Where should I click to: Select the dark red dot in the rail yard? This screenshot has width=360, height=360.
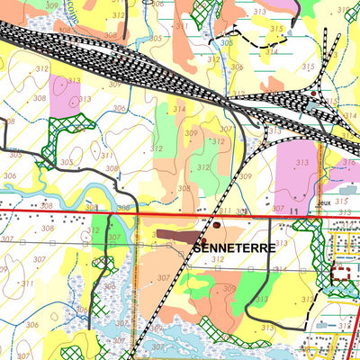[313, 93]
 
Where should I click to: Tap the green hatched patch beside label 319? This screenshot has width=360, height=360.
[354, 27]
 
